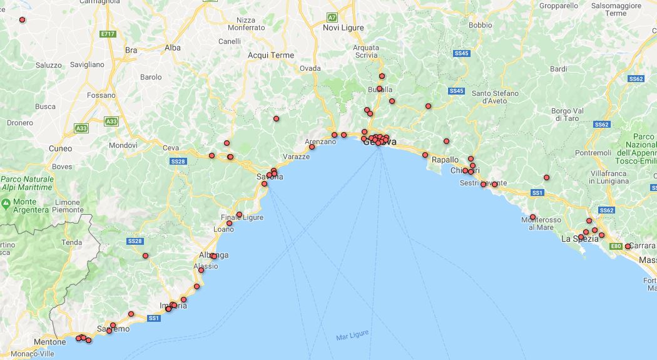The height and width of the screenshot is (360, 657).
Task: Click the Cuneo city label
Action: point(60,148)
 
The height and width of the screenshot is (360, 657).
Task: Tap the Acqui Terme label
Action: point(271,55)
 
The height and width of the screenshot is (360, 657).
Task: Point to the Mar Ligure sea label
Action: point(352,336)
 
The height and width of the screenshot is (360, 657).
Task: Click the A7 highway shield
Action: point(332,17)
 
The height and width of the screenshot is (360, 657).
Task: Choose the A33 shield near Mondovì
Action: point(111,121)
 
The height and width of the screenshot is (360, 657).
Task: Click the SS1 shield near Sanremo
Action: point(153,318)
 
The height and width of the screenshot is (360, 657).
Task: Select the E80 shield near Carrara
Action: point(616,246)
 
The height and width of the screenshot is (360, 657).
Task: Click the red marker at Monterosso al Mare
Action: point(532,217)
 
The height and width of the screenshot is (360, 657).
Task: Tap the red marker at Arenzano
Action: point(312,147)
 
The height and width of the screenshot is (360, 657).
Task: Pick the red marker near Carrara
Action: point(628,246)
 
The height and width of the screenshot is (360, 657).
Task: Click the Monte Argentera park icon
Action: point(6,203)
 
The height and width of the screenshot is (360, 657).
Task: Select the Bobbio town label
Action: point(480,26)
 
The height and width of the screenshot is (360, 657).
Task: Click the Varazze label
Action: point(296,157)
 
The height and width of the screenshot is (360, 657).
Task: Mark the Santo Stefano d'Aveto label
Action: point(495,97)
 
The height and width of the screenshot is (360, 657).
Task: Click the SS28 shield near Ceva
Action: point(178,161)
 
